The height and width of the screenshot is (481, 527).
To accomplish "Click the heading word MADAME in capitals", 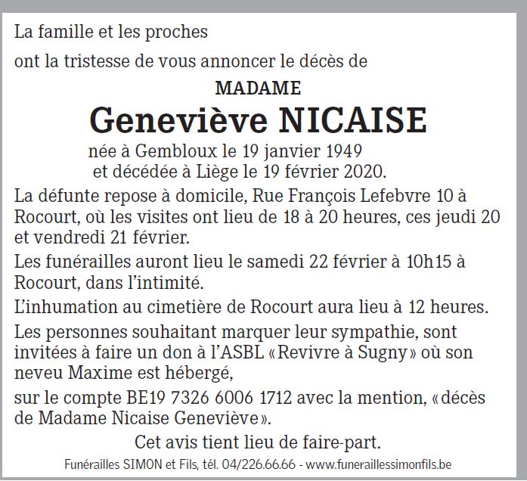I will point(258,88).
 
